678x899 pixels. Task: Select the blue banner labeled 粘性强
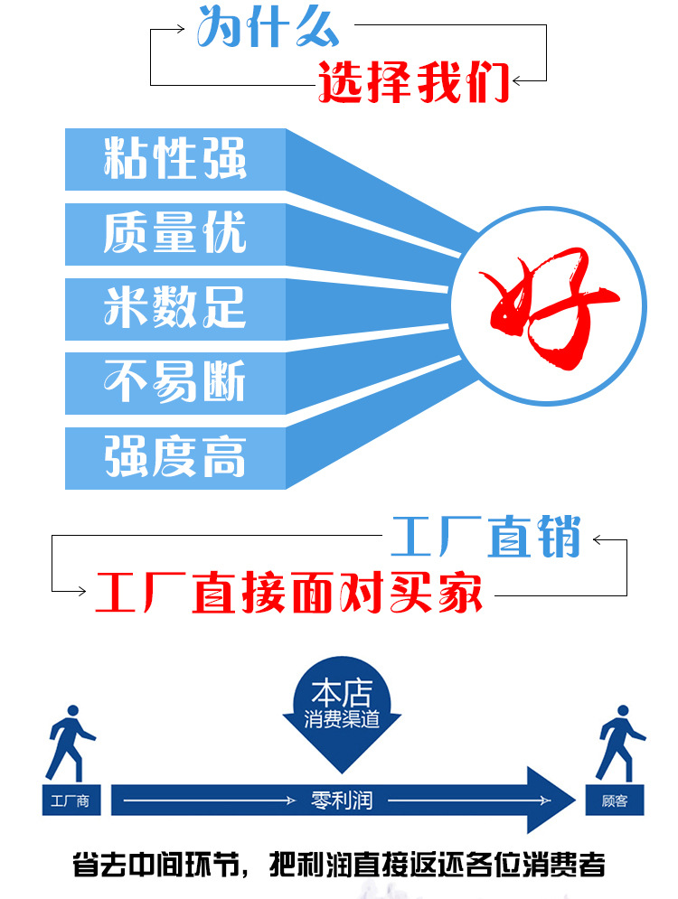click(174, 159)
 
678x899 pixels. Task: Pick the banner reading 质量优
click(174, 234)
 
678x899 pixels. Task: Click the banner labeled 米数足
click(174, 309)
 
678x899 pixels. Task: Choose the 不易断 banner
click(174, 382)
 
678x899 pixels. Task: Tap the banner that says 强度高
click(174, 457)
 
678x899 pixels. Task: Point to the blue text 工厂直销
click(485, 538)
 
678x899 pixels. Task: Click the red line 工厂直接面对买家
click(289, 593)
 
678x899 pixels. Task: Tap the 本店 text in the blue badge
click(341, 695)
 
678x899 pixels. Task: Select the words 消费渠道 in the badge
click(341, 721)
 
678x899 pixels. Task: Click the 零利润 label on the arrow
click(342, 801)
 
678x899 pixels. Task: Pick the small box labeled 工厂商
click(71, 801)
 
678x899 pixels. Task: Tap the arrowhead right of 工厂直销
click(598, 541)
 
